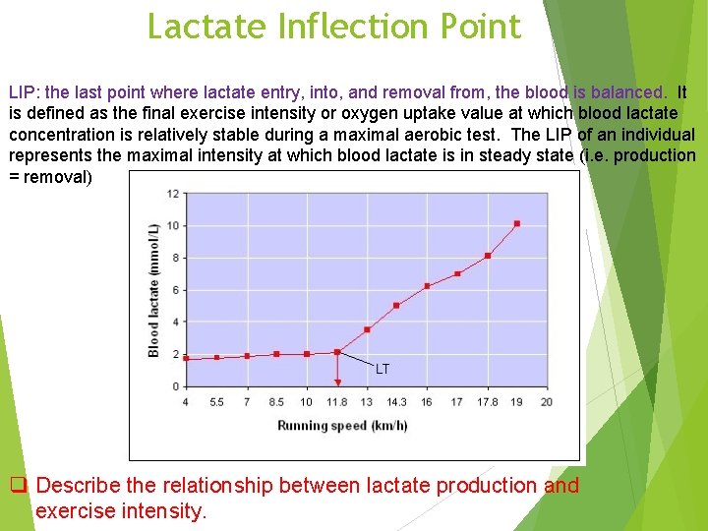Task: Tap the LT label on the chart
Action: (x=383, y=369)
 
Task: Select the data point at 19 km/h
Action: (x=517, y=223)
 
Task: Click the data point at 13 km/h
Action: (x=367, y=329)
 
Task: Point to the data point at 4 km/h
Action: (x=186, y=358)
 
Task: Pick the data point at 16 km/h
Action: (x=427, y=286)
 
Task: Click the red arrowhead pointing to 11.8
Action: (x=337, y=382)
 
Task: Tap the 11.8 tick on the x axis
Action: (x=337, y=401)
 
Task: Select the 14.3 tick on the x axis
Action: (x=396, y=401)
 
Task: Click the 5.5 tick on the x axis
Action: (x=216, y=401)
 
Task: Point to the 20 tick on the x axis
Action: (x=547, y=401)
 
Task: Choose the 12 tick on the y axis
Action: (x=173, y=194)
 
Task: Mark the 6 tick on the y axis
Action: (x=175, y=290)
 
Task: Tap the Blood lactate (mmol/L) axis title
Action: (x=153, y=290)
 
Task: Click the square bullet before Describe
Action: (x=17, y=485)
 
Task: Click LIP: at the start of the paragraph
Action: (x=25, y=92)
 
